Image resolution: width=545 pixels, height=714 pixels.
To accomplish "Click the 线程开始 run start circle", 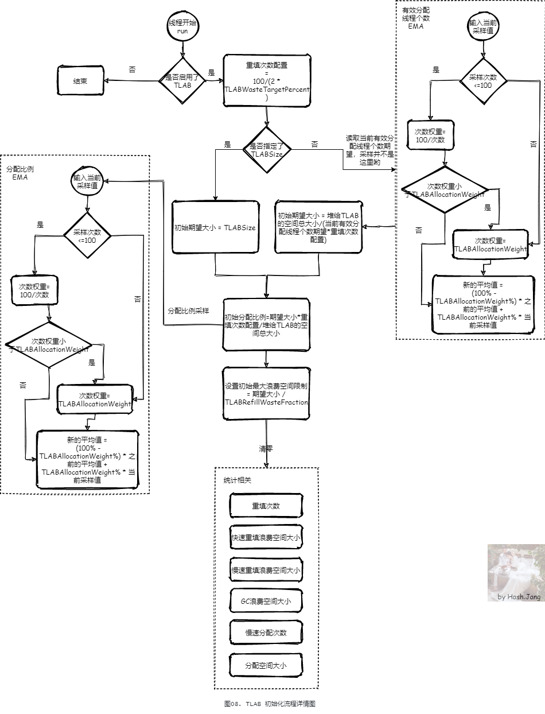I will (x=182, y=26).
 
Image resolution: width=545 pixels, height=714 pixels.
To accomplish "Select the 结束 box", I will (x=80, y=81).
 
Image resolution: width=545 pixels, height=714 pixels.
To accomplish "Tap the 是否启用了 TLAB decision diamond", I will (x=182, y=80).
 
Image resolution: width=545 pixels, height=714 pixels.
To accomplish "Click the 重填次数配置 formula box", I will (x=267, y=80).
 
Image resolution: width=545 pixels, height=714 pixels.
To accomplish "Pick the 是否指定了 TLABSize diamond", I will (x=267, y=150).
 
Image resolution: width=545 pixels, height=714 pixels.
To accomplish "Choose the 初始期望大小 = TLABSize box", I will (x=215, y=227).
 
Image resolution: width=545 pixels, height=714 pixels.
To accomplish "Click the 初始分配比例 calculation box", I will (x=266, y=325).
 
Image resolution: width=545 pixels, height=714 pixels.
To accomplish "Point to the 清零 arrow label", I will (x=266, y=449).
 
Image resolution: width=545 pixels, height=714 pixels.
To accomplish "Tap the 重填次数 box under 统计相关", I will (x=266, y=506).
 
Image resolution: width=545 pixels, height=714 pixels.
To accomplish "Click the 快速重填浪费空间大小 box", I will (x=266, y=538).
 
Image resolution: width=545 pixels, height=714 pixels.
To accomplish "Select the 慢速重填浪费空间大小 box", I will (x=266, y=570).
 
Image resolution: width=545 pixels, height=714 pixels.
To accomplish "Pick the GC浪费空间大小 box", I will (x=266, y=601).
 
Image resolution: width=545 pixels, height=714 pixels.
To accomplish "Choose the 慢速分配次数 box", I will (x=266, y=632).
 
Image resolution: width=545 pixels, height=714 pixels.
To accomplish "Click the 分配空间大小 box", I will (x=266, y=665).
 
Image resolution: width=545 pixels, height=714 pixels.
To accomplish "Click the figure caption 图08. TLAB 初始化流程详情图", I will (x=270, y=703).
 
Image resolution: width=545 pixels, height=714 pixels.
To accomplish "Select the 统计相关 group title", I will (x=237, y=480).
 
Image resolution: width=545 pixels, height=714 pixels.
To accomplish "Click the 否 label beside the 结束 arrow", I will (x=133, y=69).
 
